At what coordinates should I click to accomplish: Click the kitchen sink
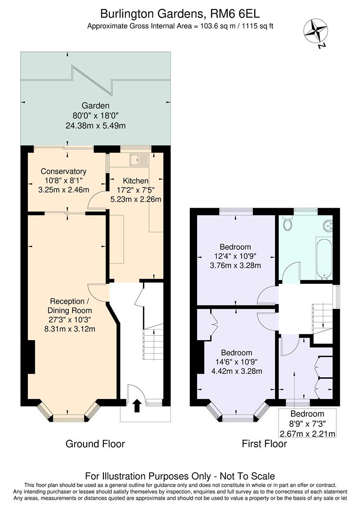tap(141, 160)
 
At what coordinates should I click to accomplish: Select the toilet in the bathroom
tap(287, 224)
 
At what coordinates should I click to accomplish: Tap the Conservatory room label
tap(63, 171)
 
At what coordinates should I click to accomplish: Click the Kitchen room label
tap(135, 181)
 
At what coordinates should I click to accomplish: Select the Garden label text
tap(95, 106)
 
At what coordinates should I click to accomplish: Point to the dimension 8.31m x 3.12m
tap(69, 329)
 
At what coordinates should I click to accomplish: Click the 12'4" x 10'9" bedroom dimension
tap(235, 256)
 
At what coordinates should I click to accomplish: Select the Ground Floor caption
tap(95, 444)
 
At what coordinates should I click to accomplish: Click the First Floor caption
tap(264, 444)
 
